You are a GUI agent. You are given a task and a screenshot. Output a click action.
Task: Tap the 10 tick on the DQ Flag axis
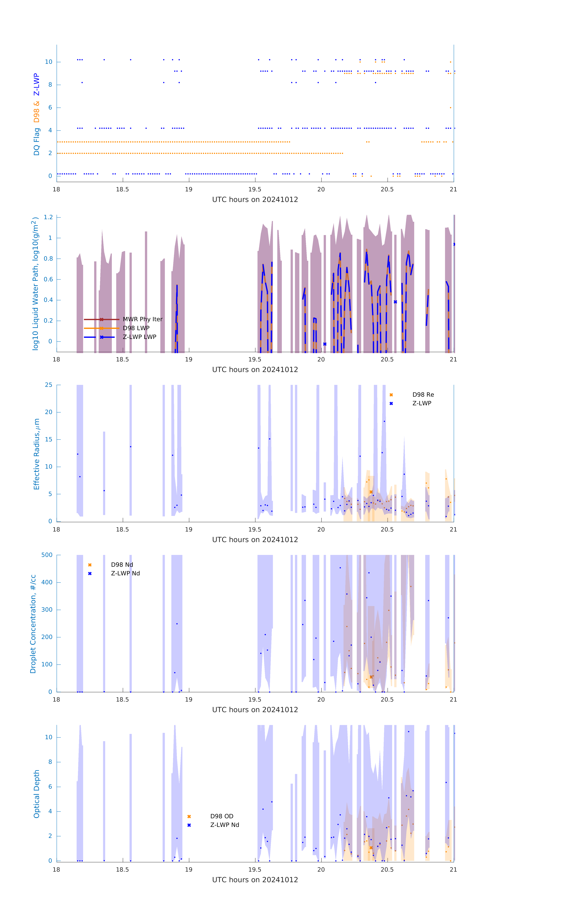pos(49,62)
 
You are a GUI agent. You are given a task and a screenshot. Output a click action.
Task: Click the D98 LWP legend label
pos(136,328)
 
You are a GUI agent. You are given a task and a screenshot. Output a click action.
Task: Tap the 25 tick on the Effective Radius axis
pos(49,385)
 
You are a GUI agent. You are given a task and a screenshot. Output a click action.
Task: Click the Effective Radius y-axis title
pos(37,454)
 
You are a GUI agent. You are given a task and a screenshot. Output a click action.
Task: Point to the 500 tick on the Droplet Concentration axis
pos(47,555)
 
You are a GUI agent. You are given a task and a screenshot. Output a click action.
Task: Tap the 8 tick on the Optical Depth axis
pos(50,762)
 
